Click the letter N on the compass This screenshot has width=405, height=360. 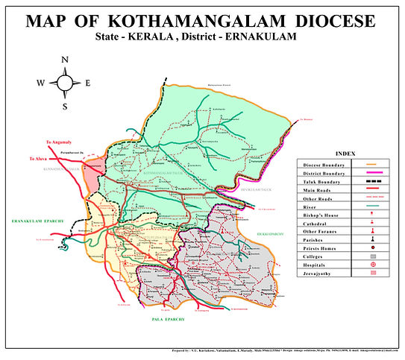65,60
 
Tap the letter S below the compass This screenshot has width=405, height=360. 65,107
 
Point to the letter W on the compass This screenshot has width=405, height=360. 40,83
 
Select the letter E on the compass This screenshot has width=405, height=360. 87,83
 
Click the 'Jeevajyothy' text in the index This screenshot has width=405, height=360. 318,275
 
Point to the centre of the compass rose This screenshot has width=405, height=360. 65,83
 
